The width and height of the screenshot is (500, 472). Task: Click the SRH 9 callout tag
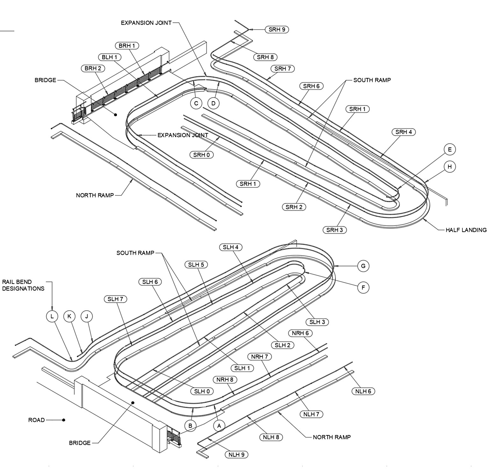pos(277,30)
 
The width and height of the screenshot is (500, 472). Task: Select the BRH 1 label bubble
pos(127,46)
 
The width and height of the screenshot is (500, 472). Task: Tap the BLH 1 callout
pos(110,57)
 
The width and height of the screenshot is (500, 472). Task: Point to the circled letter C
pos(196,103)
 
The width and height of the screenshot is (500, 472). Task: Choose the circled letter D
pos(213,103)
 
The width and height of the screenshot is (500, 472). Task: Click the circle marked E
pos(450,149)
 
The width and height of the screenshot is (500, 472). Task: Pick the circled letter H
pos(450,166)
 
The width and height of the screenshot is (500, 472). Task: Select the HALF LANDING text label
pos(466,230)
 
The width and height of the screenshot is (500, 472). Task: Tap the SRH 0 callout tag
pos(202,155)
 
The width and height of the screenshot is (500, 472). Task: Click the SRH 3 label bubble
pos(335,230)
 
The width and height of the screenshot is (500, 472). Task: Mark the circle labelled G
pos(363,266)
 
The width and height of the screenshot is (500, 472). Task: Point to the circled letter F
pos(363,288)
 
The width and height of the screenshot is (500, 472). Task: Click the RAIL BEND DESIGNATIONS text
pos(23,285)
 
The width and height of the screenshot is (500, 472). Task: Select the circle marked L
pos(52,316)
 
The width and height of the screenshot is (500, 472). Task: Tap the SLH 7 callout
pos(115,299)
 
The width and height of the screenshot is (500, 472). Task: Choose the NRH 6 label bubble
pos(300,333)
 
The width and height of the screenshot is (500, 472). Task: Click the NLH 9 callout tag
pos(236,454)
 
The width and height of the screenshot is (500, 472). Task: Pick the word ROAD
pos(37,420)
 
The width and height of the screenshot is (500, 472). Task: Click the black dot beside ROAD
pos(64,420)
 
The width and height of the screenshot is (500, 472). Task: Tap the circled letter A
pos(219,426)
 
